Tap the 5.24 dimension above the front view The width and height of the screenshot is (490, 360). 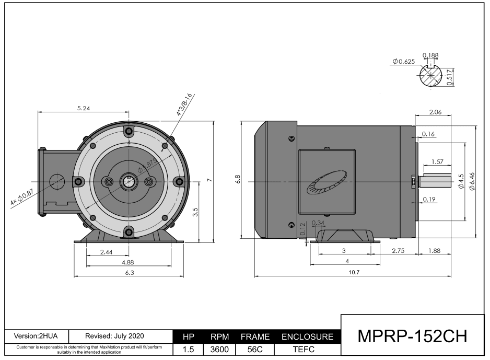(x=83, y=108)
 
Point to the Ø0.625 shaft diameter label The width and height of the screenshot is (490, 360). (x=403, y=62)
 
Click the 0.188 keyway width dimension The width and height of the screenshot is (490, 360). (x=430, y=55)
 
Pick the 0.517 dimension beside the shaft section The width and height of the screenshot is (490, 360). (x=450, y=77)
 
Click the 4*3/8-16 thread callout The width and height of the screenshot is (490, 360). (x=184, y=104)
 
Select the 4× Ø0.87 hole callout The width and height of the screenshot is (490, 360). (x=21, y=199)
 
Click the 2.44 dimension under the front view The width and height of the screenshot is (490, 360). (x=106, y=252)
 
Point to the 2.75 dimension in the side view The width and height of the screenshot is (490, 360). (x=399, y=251)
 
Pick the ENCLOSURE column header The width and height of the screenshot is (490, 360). (x=307, y=338)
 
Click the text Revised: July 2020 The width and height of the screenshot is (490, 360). (x=118, y=335)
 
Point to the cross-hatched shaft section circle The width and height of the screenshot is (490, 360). (x=433, y=77)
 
